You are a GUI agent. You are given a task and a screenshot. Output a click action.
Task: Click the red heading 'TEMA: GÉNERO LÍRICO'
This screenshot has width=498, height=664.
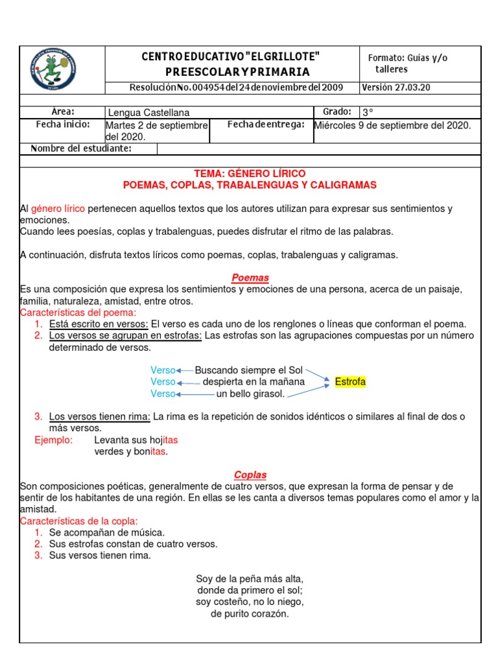point(250,174)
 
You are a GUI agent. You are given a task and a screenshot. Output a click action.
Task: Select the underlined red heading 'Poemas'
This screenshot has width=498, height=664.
point(250,278)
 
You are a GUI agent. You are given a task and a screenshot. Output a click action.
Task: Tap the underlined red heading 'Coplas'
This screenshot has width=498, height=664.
point(250,475)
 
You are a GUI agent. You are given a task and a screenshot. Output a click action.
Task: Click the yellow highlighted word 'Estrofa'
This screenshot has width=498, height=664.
point(350,381)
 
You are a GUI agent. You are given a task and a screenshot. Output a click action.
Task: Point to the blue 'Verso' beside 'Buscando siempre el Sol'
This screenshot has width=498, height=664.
point(163,370)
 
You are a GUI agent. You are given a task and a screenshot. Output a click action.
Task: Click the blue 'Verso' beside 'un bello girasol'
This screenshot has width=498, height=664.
point(163,394)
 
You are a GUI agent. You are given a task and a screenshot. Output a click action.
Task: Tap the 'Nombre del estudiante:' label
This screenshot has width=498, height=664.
point(81,149)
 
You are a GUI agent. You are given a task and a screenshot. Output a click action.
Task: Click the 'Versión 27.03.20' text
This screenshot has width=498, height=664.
point(396,88)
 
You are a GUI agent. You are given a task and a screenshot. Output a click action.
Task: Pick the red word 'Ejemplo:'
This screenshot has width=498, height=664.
point(54,440)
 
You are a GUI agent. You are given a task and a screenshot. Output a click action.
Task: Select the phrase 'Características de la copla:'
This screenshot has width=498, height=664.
point(79,521)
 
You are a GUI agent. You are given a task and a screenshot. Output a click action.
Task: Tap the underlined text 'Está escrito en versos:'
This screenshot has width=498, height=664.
point(99,324)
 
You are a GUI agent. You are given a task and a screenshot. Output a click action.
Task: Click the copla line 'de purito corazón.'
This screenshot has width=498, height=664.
point(250,613)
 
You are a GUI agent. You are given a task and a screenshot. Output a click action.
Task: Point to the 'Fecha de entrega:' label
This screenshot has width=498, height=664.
point(266,124)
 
